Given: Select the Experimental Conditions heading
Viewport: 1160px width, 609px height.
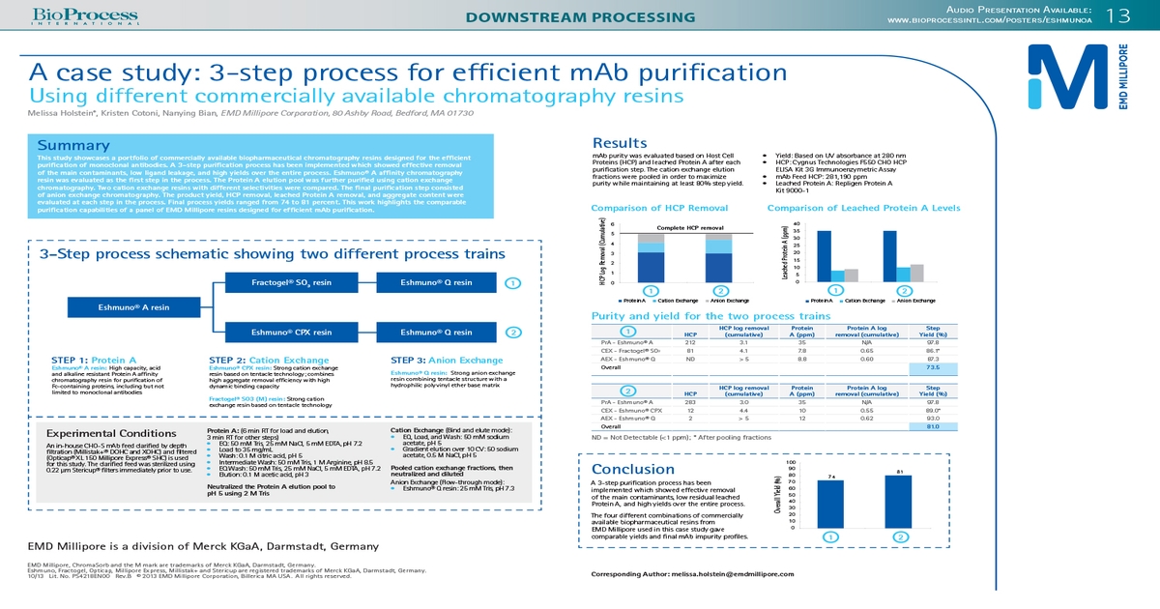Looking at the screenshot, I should click(111, 433).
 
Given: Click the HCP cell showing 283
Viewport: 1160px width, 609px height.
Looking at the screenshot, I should click(690, 402).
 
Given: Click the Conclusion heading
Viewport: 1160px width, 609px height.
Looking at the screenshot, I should click(633, 469).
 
